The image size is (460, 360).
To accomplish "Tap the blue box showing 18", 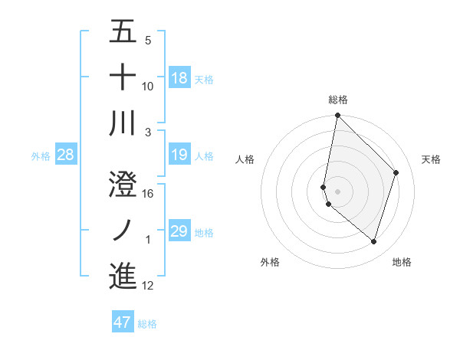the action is [179, 77].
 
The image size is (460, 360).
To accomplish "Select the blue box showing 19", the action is [179, 155].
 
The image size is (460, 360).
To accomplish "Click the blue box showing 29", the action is [179, 231].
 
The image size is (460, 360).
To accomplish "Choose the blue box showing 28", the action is [65, 155].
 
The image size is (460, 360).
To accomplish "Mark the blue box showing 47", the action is [123, 322].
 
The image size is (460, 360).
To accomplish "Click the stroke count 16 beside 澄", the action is [148, 194].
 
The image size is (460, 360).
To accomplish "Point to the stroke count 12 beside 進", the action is [148, 286].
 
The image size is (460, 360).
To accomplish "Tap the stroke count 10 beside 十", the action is [148, 87].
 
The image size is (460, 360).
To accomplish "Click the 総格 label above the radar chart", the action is [338, 100].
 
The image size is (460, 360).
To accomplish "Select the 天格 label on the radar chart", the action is [431, 159].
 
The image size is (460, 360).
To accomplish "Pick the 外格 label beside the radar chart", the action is [270, 262].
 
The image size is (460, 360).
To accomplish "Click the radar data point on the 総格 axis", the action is [337, 116].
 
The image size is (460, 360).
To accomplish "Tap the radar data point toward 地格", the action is [373, 242].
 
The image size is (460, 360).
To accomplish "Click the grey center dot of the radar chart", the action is [337, 191].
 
